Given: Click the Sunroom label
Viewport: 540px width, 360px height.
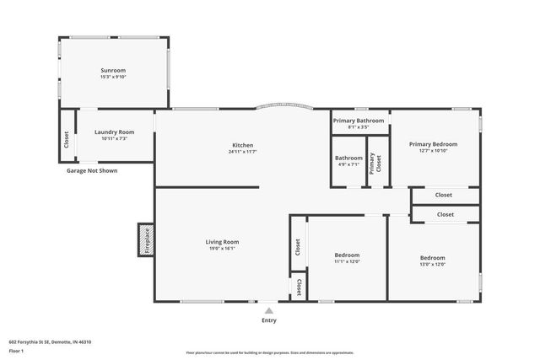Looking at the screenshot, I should (113, 70).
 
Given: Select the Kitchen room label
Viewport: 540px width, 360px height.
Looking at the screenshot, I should (242, 145).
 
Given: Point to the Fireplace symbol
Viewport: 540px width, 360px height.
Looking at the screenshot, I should (145, 240).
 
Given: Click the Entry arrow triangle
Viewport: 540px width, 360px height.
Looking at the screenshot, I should (268, 310).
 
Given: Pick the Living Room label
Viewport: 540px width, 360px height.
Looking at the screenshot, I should (222, 242).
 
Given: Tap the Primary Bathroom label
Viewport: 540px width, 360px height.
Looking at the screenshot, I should (359, 121).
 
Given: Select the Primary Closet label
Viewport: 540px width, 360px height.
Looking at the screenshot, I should (378, 163).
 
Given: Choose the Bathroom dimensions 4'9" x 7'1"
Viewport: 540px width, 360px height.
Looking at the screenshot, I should (348, 164).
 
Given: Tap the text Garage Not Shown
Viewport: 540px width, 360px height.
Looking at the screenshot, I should (92, 171).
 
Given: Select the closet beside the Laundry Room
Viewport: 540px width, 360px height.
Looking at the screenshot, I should (67, 138).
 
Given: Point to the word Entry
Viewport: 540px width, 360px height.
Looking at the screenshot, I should (268, 320).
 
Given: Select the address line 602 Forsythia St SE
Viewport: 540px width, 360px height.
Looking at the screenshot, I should (50, 342).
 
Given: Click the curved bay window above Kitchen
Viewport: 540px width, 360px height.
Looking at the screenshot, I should (284, 106).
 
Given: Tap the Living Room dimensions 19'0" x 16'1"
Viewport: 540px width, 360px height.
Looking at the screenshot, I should (222, 249).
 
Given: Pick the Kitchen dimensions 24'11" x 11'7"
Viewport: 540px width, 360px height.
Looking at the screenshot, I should (241, 152).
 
